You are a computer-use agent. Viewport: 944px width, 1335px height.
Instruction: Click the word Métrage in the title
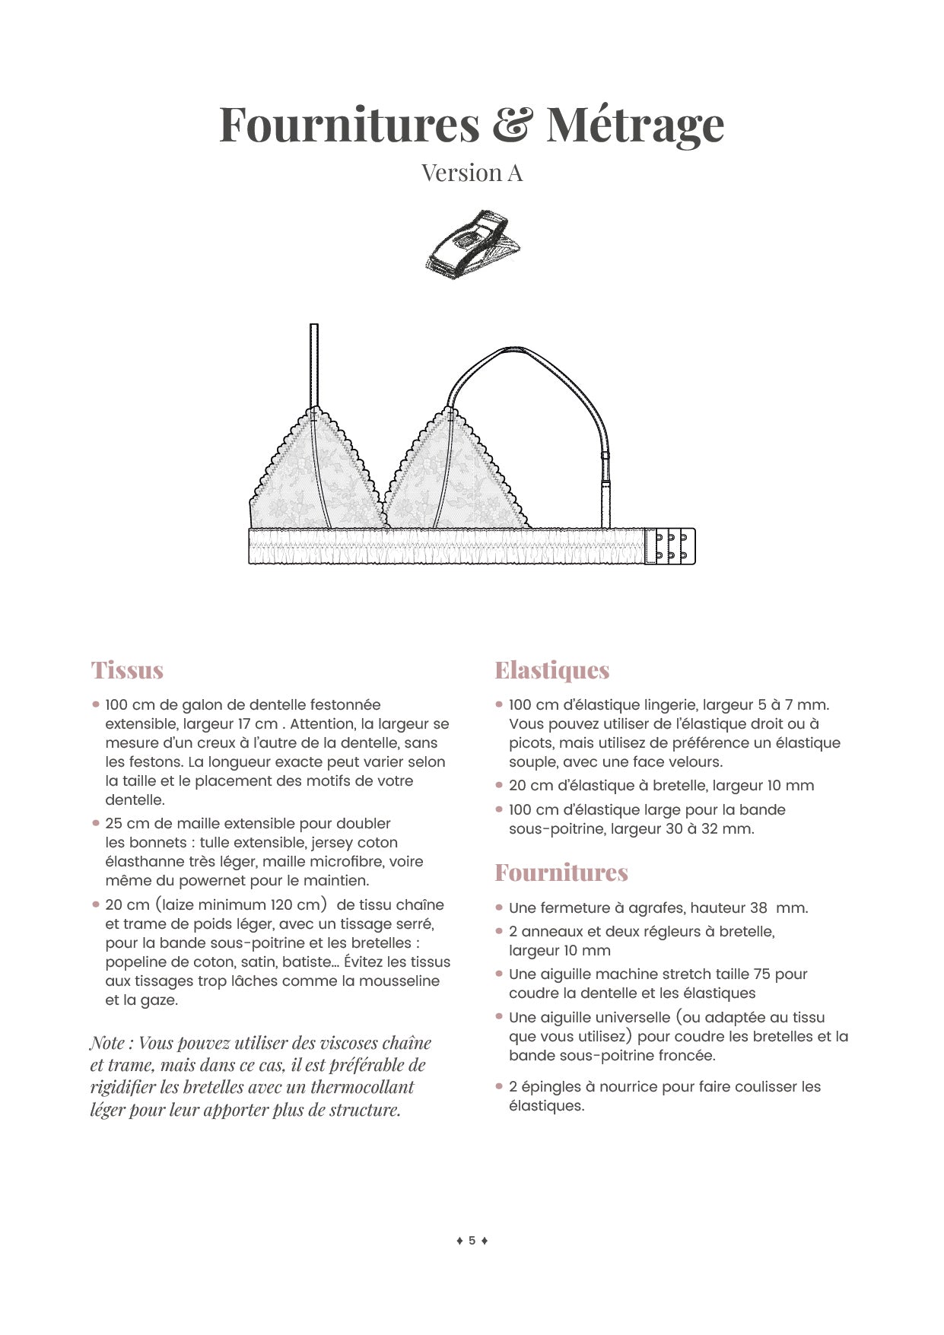[x=634, y=124]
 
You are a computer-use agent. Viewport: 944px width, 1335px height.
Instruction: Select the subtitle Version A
[x=472, y=173]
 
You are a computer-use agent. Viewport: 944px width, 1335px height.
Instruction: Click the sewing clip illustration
[x=472, y=242]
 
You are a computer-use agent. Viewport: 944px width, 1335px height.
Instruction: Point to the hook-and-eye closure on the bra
[x=671, y=545]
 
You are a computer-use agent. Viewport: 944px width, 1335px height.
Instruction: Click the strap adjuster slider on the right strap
[x=605, y=456]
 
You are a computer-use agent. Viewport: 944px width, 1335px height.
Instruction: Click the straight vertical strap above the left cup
[x=314, y=365]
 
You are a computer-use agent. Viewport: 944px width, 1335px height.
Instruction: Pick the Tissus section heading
[x=127, y=670]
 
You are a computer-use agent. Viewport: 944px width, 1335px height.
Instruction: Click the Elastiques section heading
[x=551, y=670]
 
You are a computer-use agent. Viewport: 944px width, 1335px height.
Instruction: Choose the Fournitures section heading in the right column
[x=561, y=873]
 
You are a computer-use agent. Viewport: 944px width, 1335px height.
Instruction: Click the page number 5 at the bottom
[x=472, y=1240]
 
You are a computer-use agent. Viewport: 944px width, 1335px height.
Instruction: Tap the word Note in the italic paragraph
[x=107, y=1043]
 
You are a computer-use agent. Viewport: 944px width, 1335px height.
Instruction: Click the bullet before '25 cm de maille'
[x=96, y=823]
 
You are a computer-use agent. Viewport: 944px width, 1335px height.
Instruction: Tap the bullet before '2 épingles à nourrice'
[x=499, y=1086]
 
